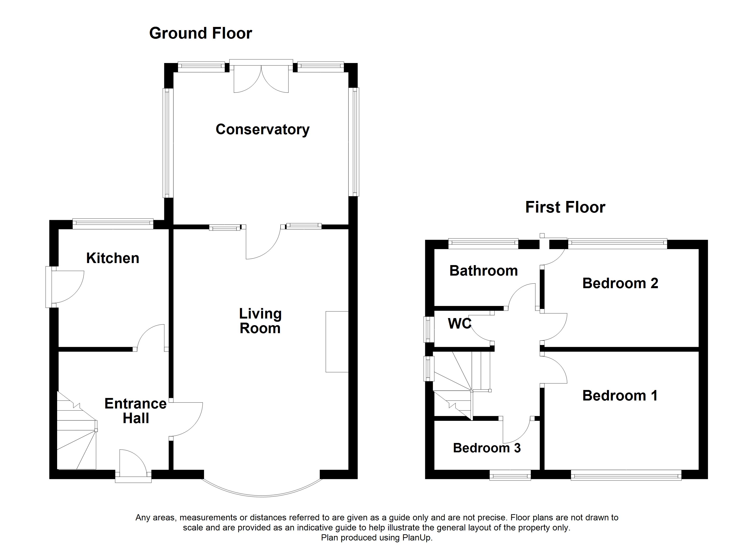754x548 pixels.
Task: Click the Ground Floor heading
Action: coord(200,34)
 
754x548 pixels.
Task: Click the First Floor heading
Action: coord(565,207)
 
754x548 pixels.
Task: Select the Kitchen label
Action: coord(113,258)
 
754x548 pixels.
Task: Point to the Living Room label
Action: coord(260,321)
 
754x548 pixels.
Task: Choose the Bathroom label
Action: coord(484,271)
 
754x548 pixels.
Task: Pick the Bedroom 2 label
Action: coord(620,283)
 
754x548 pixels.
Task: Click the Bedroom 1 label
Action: coord(620,396)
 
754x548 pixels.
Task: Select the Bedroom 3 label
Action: coord(487,448)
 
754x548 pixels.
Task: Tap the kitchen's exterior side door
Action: coord(65,287)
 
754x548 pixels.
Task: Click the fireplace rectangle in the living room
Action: coord(337,342)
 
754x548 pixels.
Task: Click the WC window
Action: coord(429,329)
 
